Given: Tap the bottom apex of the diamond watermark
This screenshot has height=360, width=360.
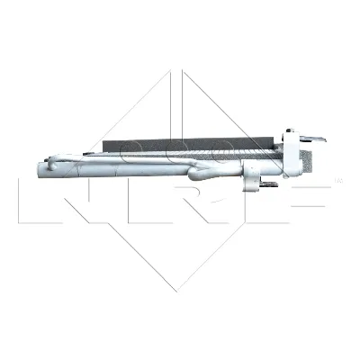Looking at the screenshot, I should point(180,290).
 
